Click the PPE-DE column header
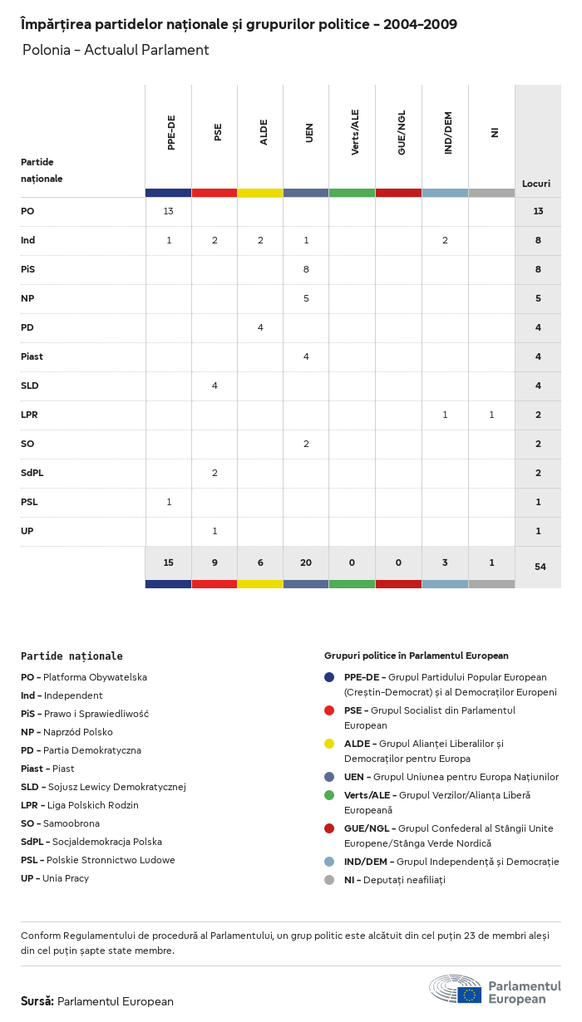pyautogui.click(x=171, y=133)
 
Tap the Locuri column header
pyautogui.click(x=536, y=184)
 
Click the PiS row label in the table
pyautogui.click(x=28, y=269)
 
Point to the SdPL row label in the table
pyautogui.click(x=32, y=473)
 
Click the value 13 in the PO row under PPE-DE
pyautogui.click(x=168, y=211)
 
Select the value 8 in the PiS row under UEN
pyautogui.click(x=306, y=269)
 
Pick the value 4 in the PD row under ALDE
pyautogui.click(x=260, y=327)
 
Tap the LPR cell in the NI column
pyautogui.click(x=491, y=415)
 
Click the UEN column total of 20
pyautogui.click(x=306, y=563)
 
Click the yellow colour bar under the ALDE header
pyautogui.click(x=260, y=193)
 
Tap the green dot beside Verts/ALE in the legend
pyautogui.click(x=330, y=795)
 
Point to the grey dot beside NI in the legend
pyautogui.click(x=330, y=880)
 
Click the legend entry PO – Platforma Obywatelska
pyautogui.click(x=84, y=677)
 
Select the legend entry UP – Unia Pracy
pyautogui.click(x=55, y=878)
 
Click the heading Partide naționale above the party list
pyautogui.click(x=72, y=656)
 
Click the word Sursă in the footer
pyautogui.click(x=37, y=1001)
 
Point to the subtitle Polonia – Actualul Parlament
pyautogui.click(x=116, y=50)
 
